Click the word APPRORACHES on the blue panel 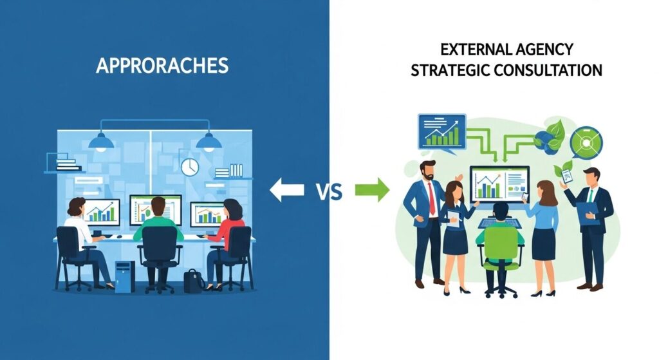pyautogui.click(x=162, y=66)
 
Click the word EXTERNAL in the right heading pyautogui.click(x=470, y=50)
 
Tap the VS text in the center pyautogui.click(x=329, y=192)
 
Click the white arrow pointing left pyautogui.click(x=286, y=190)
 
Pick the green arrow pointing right pyautogui.click(x=372, y=190)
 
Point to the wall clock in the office pyautogui.click(x=190, y=167)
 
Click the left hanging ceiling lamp pyautogui.click(x=101, y=142)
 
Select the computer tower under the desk pyautogui.click(x=125, y=276)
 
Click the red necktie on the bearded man pyautogui.click(x=432, y=198)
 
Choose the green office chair pyautogui.click(x=501, y=261)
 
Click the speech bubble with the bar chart pyautogui.click(x=441, y=133)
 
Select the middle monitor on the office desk pyautogui.click(x=156, y=211)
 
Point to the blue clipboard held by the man pyautogui.click(x=588, y=213)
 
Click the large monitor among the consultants pyautogui.click(x=499, y=185)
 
